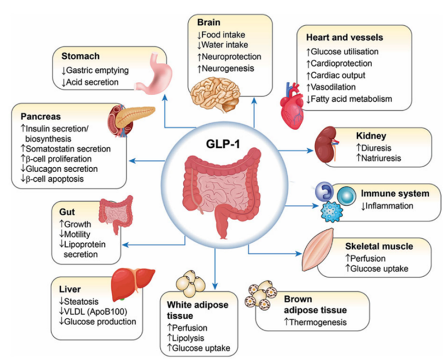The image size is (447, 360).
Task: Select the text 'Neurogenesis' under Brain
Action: coord(228,68)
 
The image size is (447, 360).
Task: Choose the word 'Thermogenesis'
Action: coord(312,322)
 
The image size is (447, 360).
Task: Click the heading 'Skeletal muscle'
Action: coord(379,246)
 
